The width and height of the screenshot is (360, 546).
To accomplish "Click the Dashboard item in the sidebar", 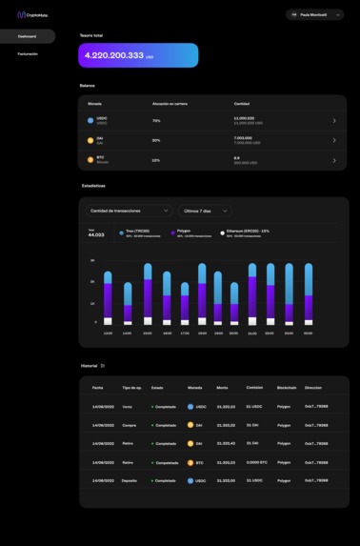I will point(27,36).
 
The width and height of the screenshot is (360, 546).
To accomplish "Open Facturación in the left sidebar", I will point(28,54).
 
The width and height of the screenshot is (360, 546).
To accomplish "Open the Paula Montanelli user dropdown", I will point(314,15).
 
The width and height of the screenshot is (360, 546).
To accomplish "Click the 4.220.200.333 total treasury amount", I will point(113,56).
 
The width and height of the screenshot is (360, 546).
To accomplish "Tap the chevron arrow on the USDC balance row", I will point(334,121).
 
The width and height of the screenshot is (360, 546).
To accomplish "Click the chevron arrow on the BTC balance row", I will point(334,160).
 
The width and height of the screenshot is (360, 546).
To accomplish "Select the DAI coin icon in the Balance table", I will point(90,140).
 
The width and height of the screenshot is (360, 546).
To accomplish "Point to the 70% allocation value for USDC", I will point(156,121).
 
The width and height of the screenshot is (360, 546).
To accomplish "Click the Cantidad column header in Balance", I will point(242,103).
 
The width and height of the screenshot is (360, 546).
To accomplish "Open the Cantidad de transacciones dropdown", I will point(130,211).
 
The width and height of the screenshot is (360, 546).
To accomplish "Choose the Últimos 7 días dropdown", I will point(205,211).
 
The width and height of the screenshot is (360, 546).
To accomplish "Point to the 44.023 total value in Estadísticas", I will point(95,234).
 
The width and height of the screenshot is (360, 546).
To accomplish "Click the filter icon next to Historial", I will point(103,365).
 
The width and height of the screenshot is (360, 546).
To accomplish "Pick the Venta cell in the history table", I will point(128,407).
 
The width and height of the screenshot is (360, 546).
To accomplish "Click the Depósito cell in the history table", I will point(130,480).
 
